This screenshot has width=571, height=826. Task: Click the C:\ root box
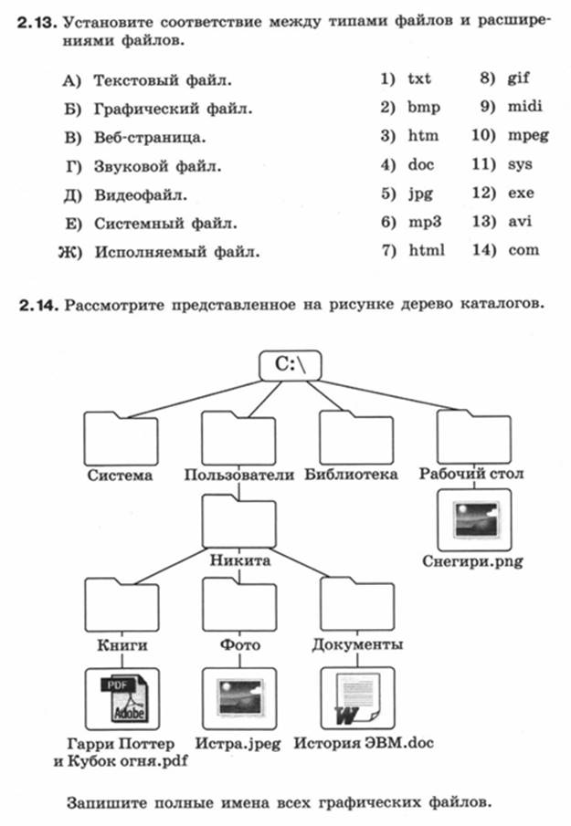click(x=290, y=365)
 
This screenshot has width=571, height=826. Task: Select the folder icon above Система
click(x=121, y=438)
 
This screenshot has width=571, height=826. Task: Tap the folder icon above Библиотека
click(x=356, y=437)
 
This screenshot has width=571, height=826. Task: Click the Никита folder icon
click(x=238, y=521)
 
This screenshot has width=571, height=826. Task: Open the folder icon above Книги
click(x=122, y=605)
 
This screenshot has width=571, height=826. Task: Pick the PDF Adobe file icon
click(x=122, y=698)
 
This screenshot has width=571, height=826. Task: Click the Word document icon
click(x=357, y=698)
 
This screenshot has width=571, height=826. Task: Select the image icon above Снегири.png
click(x=474, y=520)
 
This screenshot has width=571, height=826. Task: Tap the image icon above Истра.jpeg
click(x=239, y=698)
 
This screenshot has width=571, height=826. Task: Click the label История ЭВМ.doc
click(x=364, y=743)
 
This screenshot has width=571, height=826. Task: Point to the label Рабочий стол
click(x=471, y=473)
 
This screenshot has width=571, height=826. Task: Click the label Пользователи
click(x=238, y=475)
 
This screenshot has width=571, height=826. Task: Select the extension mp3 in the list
click(x=425, y=223)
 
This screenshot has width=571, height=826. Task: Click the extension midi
click(x=524, y=107)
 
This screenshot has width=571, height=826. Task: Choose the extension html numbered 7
click(x=427, y=250)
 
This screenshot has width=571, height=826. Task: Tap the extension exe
click(x=521, y=193)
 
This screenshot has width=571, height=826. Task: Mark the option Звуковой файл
click(x=158, y=166)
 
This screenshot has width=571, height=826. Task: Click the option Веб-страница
click(x=150, y=138)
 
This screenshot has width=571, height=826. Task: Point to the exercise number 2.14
click(x=38, y=306)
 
